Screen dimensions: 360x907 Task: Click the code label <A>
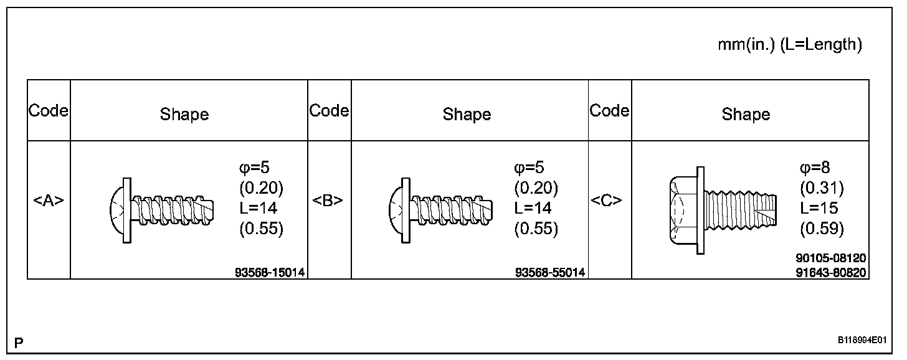(49, 201)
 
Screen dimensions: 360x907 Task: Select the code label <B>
(329, 201)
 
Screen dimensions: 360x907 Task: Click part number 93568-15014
(270, 272)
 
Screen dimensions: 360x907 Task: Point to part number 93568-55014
(550, 272)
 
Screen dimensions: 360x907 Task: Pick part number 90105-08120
(831, 258)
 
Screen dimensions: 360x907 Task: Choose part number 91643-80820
(831, 272)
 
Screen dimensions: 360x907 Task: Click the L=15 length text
(819, 208)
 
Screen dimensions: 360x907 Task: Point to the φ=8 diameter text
(815, 167)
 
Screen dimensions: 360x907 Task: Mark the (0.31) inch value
(821, 187)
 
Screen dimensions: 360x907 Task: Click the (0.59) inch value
(821, 229)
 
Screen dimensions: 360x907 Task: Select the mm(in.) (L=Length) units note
(789, 45)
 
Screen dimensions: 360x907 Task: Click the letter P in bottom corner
(19, 343)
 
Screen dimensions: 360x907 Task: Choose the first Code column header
(49, 111)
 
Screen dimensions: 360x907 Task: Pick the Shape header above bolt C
(746, 114)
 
